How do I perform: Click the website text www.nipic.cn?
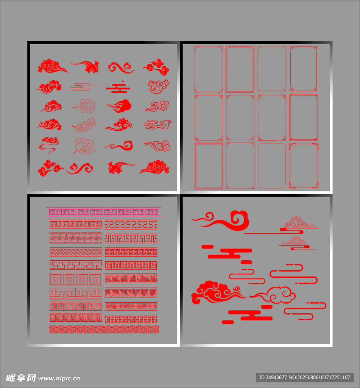pos(59,379)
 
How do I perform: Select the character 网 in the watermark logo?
pos(31,378)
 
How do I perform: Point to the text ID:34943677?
pos(273,377)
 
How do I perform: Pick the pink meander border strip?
pos(104,212)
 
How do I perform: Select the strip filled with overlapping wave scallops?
pos(104,329)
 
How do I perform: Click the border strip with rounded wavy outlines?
pos(131,224)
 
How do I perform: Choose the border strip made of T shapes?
pos(76,265)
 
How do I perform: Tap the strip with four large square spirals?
pos(76,279)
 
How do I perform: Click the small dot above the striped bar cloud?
pos(123,81)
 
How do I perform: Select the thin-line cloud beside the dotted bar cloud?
pos(84,87)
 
